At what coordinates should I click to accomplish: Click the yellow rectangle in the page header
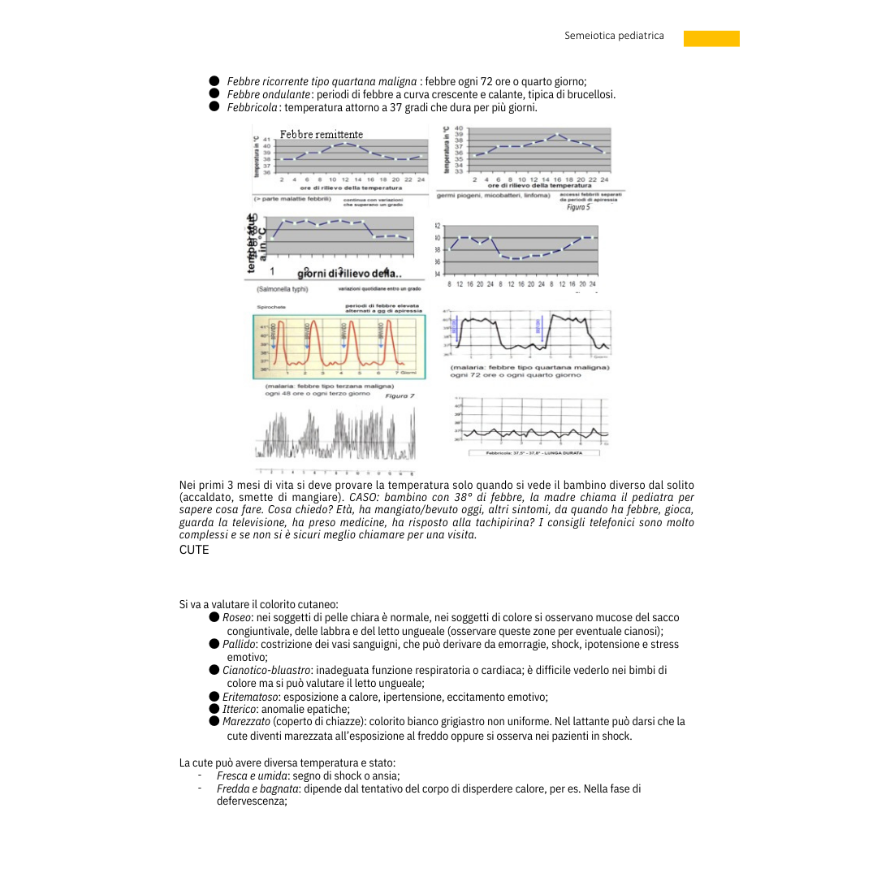point(711,38)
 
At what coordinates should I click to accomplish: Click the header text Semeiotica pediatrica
point(614,36)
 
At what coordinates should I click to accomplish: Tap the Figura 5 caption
point(578,207)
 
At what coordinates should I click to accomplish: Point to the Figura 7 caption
point(400,395)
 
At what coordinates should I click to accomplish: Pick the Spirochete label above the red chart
point(270,307)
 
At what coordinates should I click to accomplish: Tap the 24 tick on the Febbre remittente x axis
point(421,179)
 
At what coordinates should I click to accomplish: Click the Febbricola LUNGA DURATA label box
point(529,453)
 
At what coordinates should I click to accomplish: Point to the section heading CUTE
point(194,550)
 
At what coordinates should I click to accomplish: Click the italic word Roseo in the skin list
point(236,618)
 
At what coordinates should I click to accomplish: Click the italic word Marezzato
point(246,721)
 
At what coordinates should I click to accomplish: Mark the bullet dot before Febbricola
point(214,107)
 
